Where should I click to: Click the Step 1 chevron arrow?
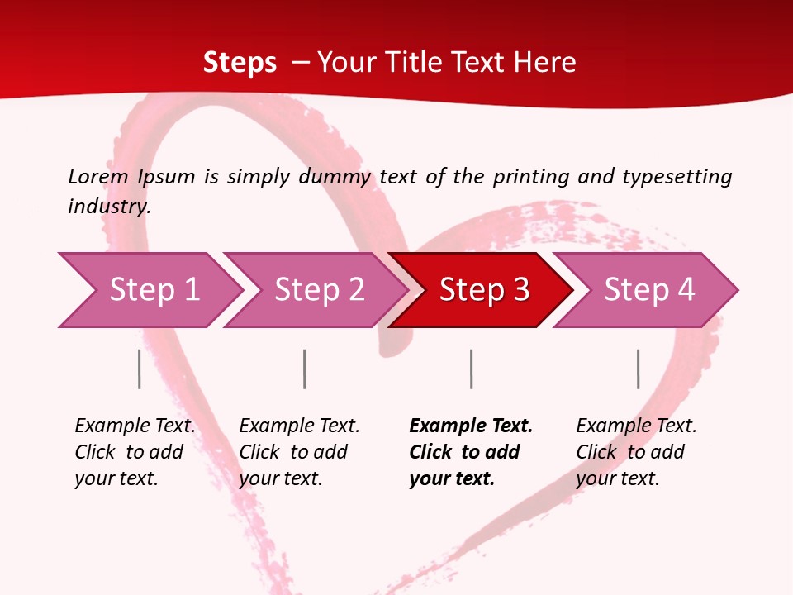[153, 290]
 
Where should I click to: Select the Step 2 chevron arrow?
[318, 290]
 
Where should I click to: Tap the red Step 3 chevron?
[483, 290]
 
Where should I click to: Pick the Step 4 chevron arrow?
[648, 290]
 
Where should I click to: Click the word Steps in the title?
[240, 63]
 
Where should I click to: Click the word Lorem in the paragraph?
[98, 176]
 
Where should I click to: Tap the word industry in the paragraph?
[109, 206]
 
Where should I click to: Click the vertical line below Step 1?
[140, 369]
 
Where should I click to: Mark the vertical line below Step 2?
[305, 369]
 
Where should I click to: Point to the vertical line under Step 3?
[472, 369]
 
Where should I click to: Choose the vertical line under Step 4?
[639, 369]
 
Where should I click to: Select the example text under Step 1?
[135, 452]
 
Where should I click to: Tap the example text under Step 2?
[299, 452]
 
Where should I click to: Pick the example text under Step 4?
[636, 452]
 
